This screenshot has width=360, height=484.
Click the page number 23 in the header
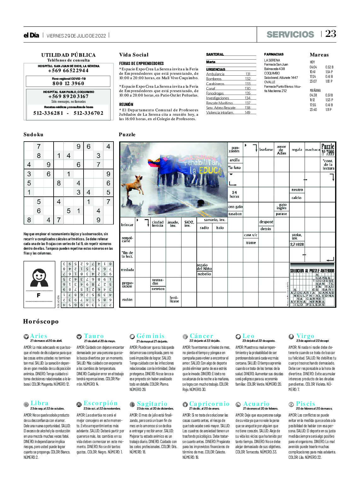pos(330,34)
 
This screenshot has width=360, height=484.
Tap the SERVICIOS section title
pos(290,34)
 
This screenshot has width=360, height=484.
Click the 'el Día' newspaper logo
pos(31,35)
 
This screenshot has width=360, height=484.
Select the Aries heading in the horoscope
pos(38,336)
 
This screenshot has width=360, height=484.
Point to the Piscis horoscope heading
pos(305,404)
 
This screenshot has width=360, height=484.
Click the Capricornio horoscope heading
pos(209,404)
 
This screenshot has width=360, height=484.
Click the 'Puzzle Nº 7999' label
pos(328,149)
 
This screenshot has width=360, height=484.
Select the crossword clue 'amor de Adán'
pos(282,150)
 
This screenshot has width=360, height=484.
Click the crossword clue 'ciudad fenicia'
pos(158,224)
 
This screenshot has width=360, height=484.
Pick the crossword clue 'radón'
pos(127,300)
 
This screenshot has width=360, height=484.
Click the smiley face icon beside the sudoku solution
pos(39,277)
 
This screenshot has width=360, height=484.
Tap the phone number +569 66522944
pos(68,71)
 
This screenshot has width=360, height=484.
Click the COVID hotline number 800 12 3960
pos(68,83)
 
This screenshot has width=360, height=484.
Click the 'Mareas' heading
pos(319,55)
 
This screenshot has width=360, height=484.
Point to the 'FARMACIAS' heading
pos(274,54)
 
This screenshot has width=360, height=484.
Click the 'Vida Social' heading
pos(134,55)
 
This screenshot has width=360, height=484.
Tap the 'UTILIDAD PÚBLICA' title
pos(68,55)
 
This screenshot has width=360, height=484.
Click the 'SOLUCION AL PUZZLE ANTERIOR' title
pos(312,271)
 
